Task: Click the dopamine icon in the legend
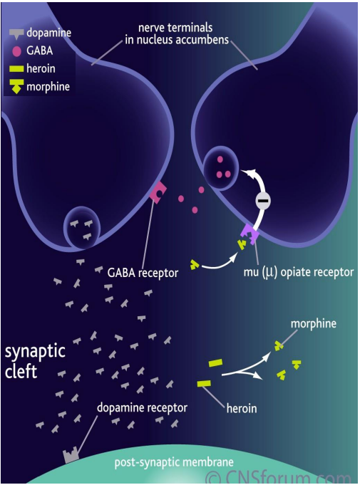16,33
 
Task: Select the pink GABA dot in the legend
16,51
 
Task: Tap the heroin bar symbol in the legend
16,69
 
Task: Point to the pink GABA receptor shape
158,191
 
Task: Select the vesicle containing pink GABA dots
221,166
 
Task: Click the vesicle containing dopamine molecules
83,227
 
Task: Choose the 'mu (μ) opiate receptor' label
298,271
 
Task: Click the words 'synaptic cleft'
36,362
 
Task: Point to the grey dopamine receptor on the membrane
71,455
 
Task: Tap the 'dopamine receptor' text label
143,408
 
